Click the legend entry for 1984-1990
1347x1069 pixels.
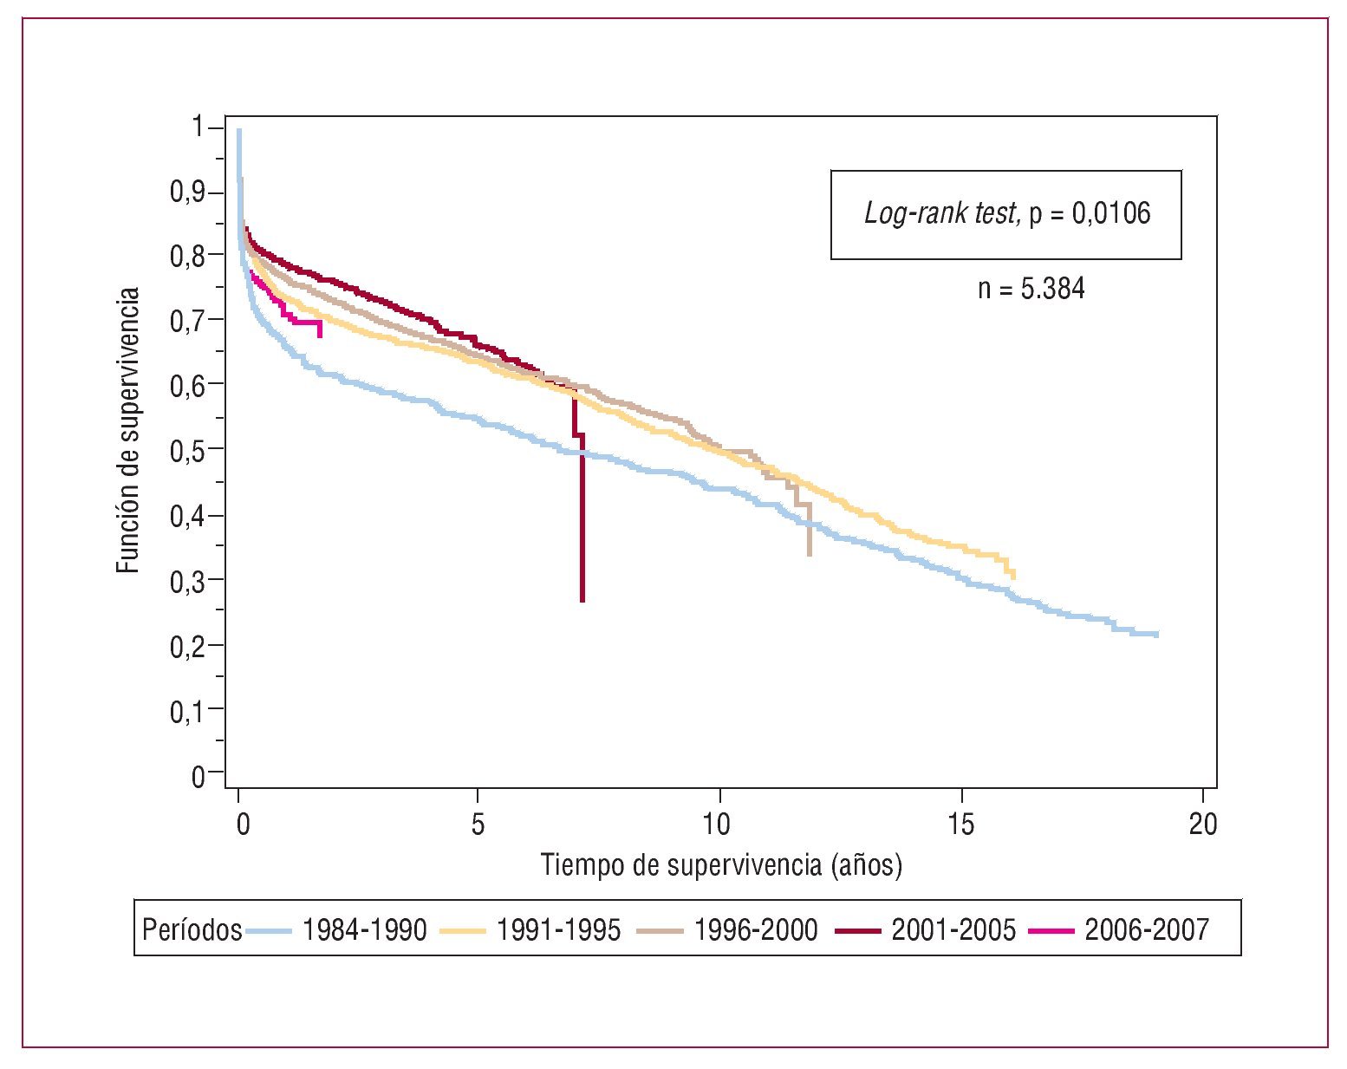(364, 930)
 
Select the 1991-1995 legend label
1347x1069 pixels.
(558, 930)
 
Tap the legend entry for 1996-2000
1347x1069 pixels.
(755, 930)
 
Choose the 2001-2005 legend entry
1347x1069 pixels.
(953, 930)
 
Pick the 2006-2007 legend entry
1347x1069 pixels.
(1146, 930)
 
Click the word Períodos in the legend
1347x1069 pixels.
(192, 930)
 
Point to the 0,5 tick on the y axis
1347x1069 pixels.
(187, 449)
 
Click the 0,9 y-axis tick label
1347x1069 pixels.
(187, 192)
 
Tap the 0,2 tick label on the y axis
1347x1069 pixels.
(187, 645)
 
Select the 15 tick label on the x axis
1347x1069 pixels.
(960, 825)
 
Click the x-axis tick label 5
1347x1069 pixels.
(478, 825)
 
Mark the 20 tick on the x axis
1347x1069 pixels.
(1202, 825)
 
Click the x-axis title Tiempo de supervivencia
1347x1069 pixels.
(721, 865)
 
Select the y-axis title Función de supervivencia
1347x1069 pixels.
(128, 430)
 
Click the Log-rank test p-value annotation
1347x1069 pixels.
(1006, 213)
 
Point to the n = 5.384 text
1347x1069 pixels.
(1031, 289)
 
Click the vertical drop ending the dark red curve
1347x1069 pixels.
(582, 529)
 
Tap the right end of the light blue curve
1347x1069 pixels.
(1156, 635)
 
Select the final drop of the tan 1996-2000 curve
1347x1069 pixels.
(809, 533)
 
